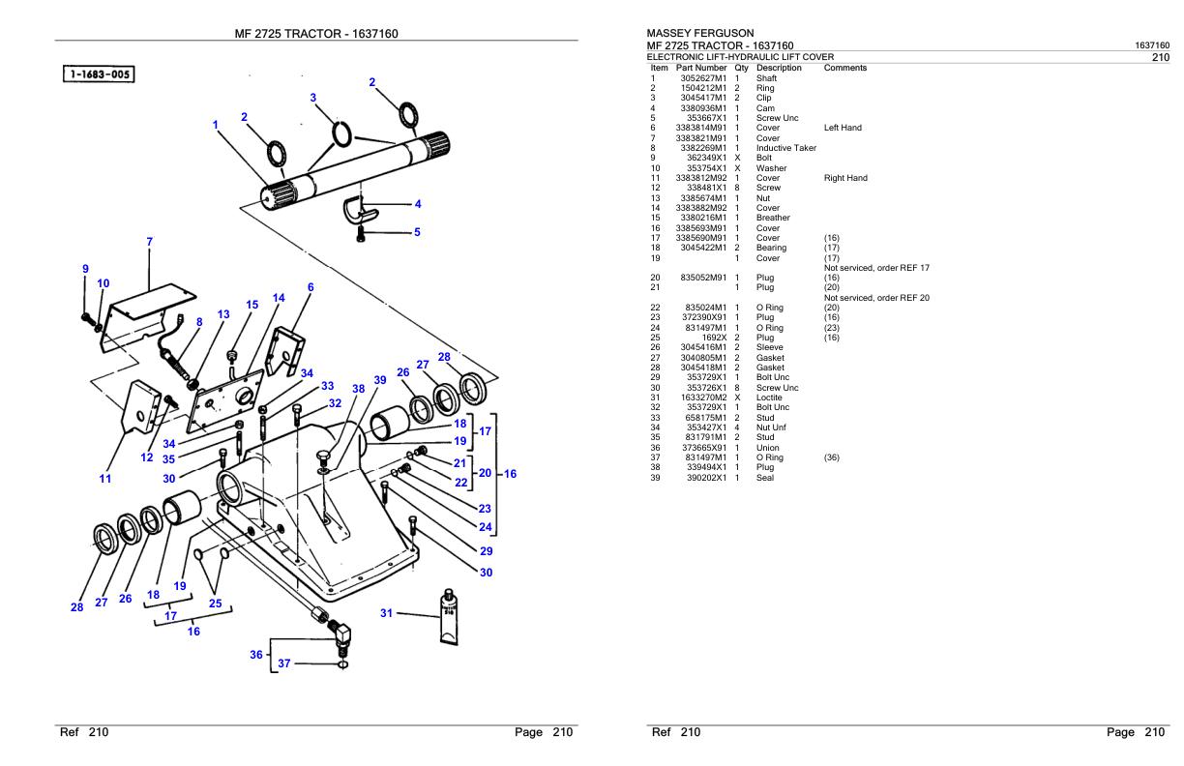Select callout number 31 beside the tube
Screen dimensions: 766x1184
(x=387, y=613)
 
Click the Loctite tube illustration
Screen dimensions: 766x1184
(x=449, y=615)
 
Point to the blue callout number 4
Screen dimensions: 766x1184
(x=417, y=204)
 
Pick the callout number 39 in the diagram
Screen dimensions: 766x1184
(x=380, y=380)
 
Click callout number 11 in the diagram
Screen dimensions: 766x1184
(x=105, y=478)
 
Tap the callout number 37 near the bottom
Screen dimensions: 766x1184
(x=283, y=663)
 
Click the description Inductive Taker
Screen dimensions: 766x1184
(x=785, y=148)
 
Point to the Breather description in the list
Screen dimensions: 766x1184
(x=773, y=218)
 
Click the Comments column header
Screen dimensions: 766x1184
(x=845, y=68)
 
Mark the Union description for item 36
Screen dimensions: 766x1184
(x=768, y=447)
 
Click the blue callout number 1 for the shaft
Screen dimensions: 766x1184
(x=215, y=124)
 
